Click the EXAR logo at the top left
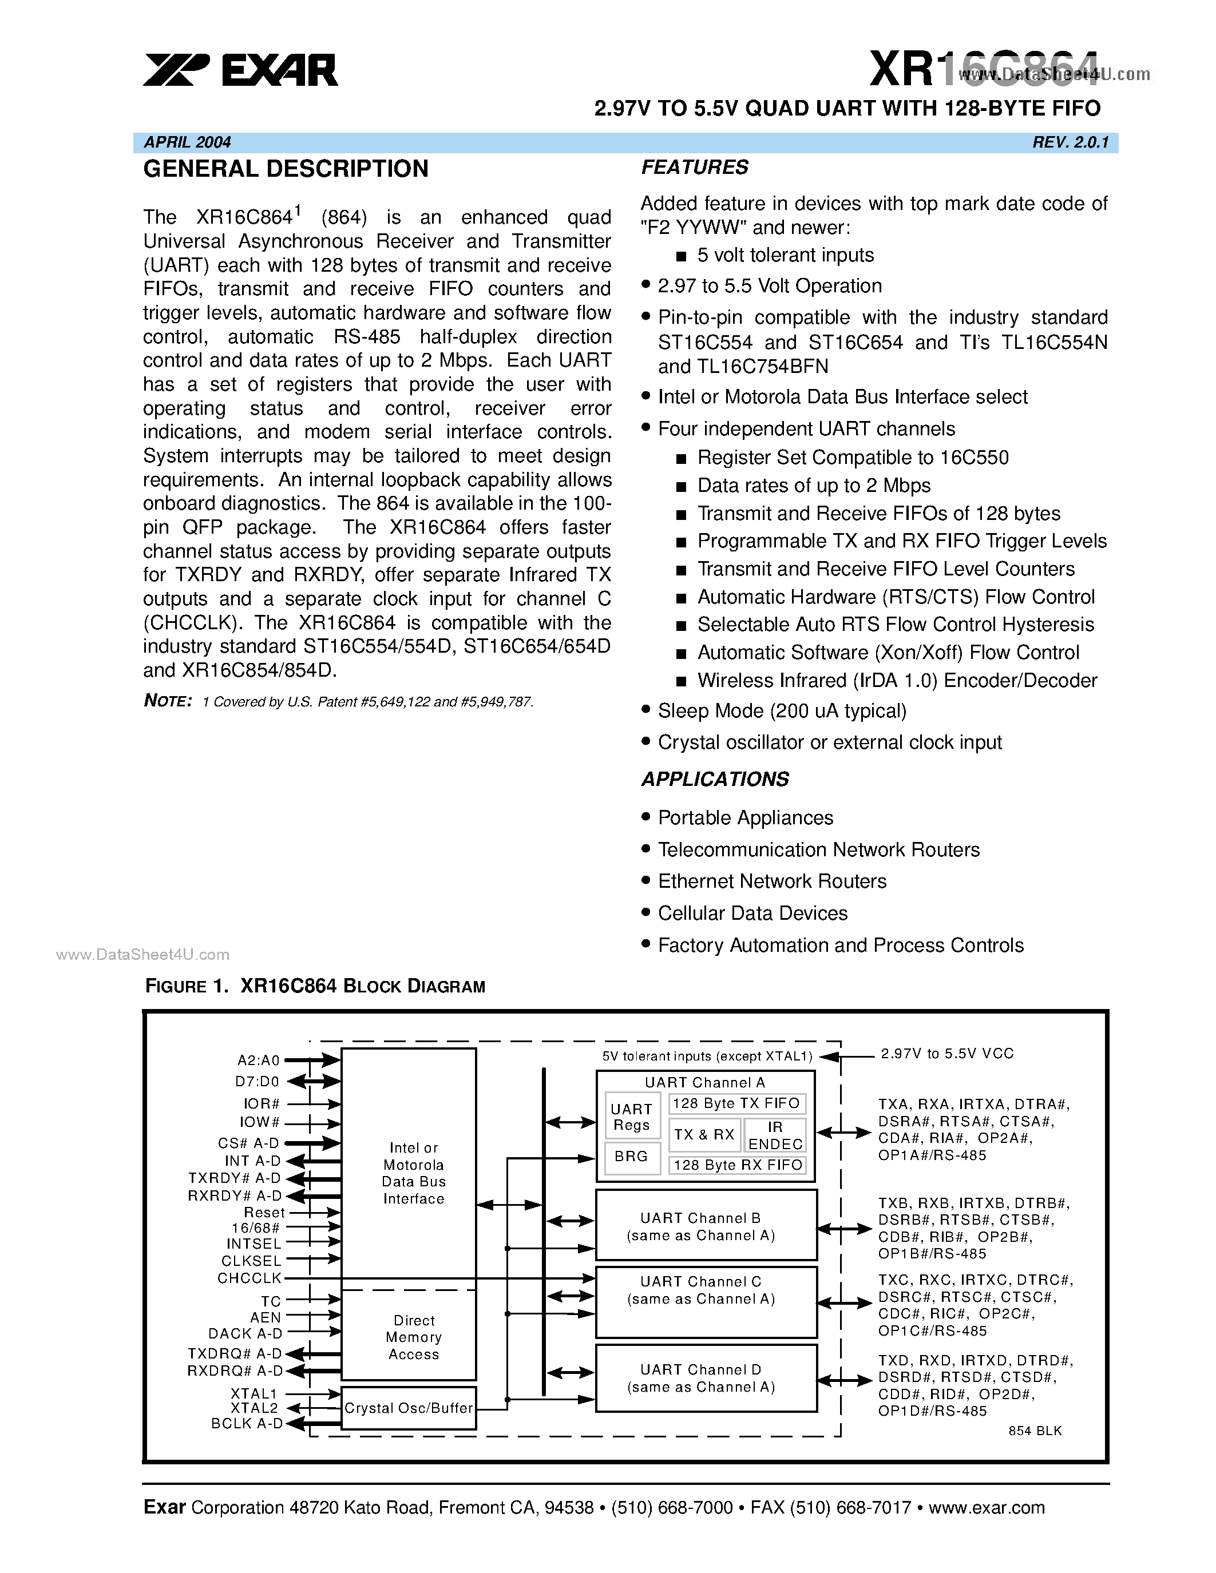(x=240, y=70)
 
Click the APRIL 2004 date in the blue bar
(x=187, y=142)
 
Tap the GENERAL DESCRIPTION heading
(x=286, y=169)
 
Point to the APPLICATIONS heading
(x=715, y=778)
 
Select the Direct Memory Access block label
(x=414, y=1337)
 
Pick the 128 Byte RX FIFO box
(x=737, y=1165)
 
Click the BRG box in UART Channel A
(x=631, y=1156)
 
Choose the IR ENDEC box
(x=774, y=1135)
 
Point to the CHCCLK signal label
(x=249, y=1278)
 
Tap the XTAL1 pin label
(x=254, y=1393)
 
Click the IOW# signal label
(x=259, y=1122)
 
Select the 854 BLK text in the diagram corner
(x=1035, y=1431)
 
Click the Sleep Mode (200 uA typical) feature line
(x=782, y=711)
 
